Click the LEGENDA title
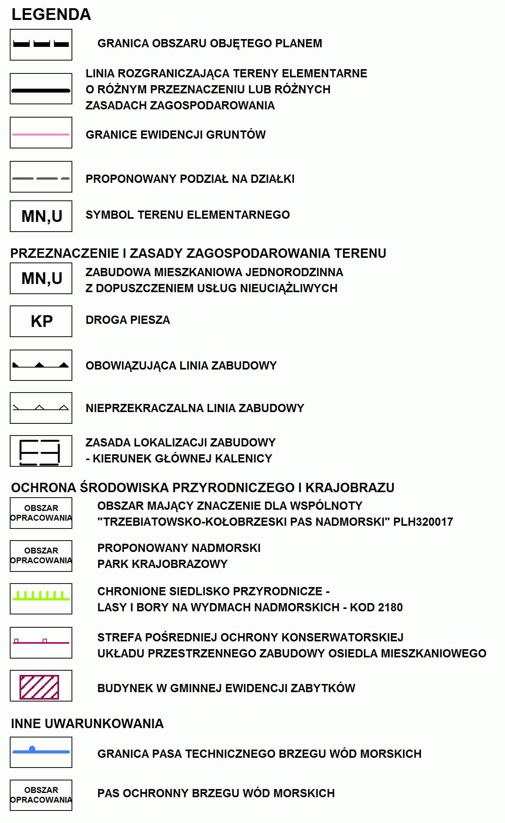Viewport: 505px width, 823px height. (x=51, y=14)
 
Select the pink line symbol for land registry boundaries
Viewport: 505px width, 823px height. (x=41, y=134)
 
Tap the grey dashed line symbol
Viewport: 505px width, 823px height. (x=41, y=179)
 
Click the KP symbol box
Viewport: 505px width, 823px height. (x=41, y=321)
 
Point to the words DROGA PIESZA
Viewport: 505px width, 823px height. (x=128, y=320)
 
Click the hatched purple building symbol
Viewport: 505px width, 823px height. (x=39, y=687)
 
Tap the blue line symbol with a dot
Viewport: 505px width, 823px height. (x=41, y=751)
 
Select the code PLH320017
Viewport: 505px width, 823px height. (x=423, y=522)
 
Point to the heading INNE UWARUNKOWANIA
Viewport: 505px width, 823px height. (x=87, y=724)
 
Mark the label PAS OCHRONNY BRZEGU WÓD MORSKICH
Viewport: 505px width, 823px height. (x=216, y=793)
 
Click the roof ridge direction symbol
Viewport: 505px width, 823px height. (x=40, y=452)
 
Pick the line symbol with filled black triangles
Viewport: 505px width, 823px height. (x=41, y=366)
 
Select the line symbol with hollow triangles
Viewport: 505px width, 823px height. (x=41, y=408)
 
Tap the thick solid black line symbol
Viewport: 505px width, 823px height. (x=41, y=90)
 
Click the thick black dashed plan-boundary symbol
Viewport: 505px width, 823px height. (x=41, y=44)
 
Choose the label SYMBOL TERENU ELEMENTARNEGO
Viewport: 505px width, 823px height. (x=188, y=215)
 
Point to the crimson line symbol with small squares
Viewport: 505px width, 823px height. (x=41, y=642)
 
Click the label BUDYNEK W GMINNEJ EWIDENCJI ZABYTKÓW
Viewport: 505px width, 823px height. (x=226, y=688)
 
